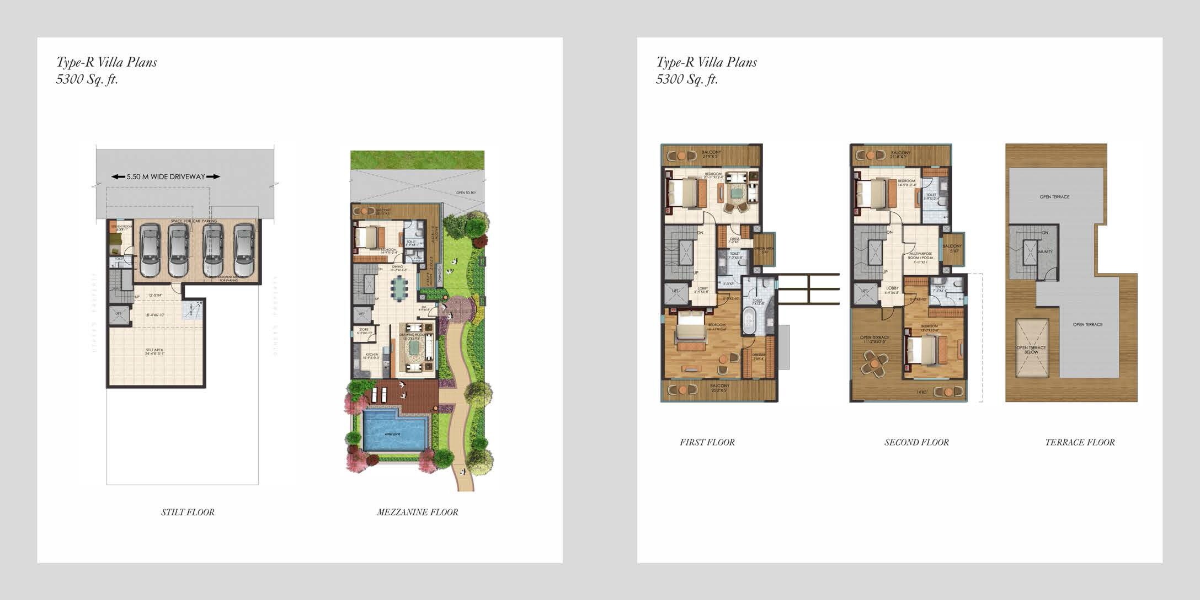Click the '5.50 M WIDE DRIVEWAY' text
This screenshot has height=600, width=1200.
coord(166,177)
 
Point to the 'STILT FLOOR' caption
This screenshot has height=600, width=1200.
coord(188,512)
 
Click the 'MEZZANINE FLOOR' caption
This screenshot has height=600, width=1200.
coord(417,512)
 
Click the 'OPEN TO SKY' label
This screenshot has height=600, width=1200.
coord(466,192)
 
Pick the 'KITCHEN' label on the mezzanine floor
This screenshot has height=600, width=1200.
coord(370,355)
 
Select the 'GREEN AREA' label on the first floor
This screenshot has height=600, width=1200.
coord(765,249)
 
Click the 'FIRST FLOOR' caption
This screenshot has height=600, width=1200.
coord(707,442)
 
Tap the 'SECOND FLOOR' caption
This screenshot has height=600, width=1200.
coord(916,442)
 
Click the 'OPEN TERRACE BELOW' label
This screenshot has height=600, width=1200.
coord(1031,350)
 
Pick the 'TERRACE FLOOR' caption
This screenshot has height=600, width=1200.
coord(1080,442)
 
